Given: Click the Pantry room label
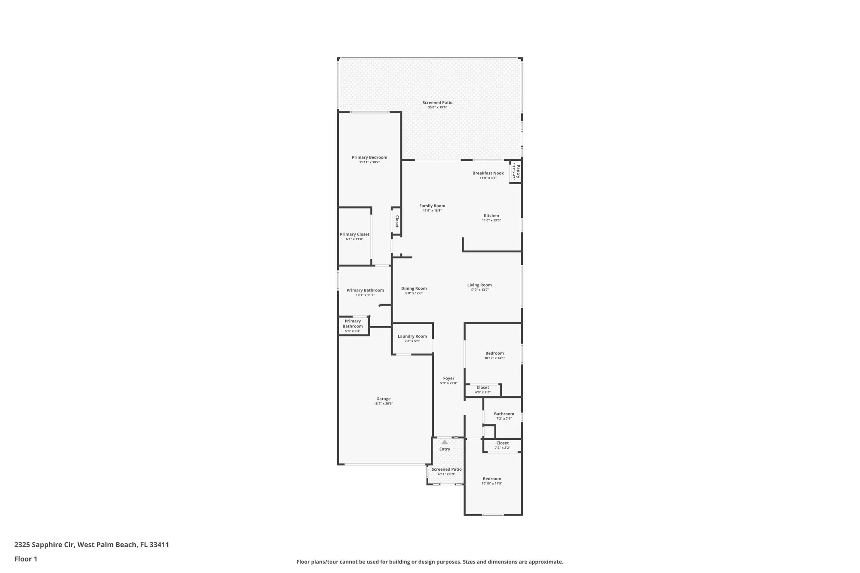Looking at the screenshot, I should (518, 171).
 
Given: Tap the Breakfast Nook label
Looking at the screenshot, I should (488, 173).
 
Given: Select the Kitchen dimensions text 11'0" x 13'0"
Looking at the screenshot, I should (491, 221).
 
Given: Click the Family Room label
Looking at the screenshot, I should (432, 206).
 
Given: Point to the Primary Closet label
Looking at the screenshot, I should (354, 234).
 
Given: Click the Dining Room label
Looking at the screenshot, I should (414, 288).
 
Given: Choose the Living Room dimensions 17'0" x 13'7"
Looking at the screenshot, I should (479, 290).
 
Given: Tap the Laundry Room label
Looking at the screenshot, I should (412, 336).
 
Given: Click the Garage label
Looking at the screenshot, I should (383, 399).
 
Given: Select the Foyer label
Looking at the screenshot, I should (448, 378).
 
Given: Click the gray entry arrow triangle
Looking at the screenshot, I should (445, 442).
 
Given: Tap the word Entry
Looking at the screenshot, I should (445, 449).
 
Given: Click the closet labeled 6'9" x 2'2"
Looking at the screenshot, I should (482, 389).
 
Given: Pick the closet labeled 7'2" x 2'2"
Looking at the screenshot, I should (502, 445).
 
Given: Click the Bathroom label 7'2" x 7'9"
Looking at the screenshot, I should (504, 416).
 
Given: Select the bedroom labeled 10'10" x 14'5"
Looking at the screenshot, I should (491, 481).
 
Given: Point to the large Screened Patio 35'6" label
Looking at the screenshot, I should (437, 103).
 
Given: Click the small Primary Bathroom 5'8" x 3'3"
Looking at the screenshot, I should (353, 326).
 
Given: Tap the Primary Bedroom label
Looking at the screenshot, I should (369, 157).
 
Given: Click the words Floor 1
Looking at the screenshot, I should (26, 559).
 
